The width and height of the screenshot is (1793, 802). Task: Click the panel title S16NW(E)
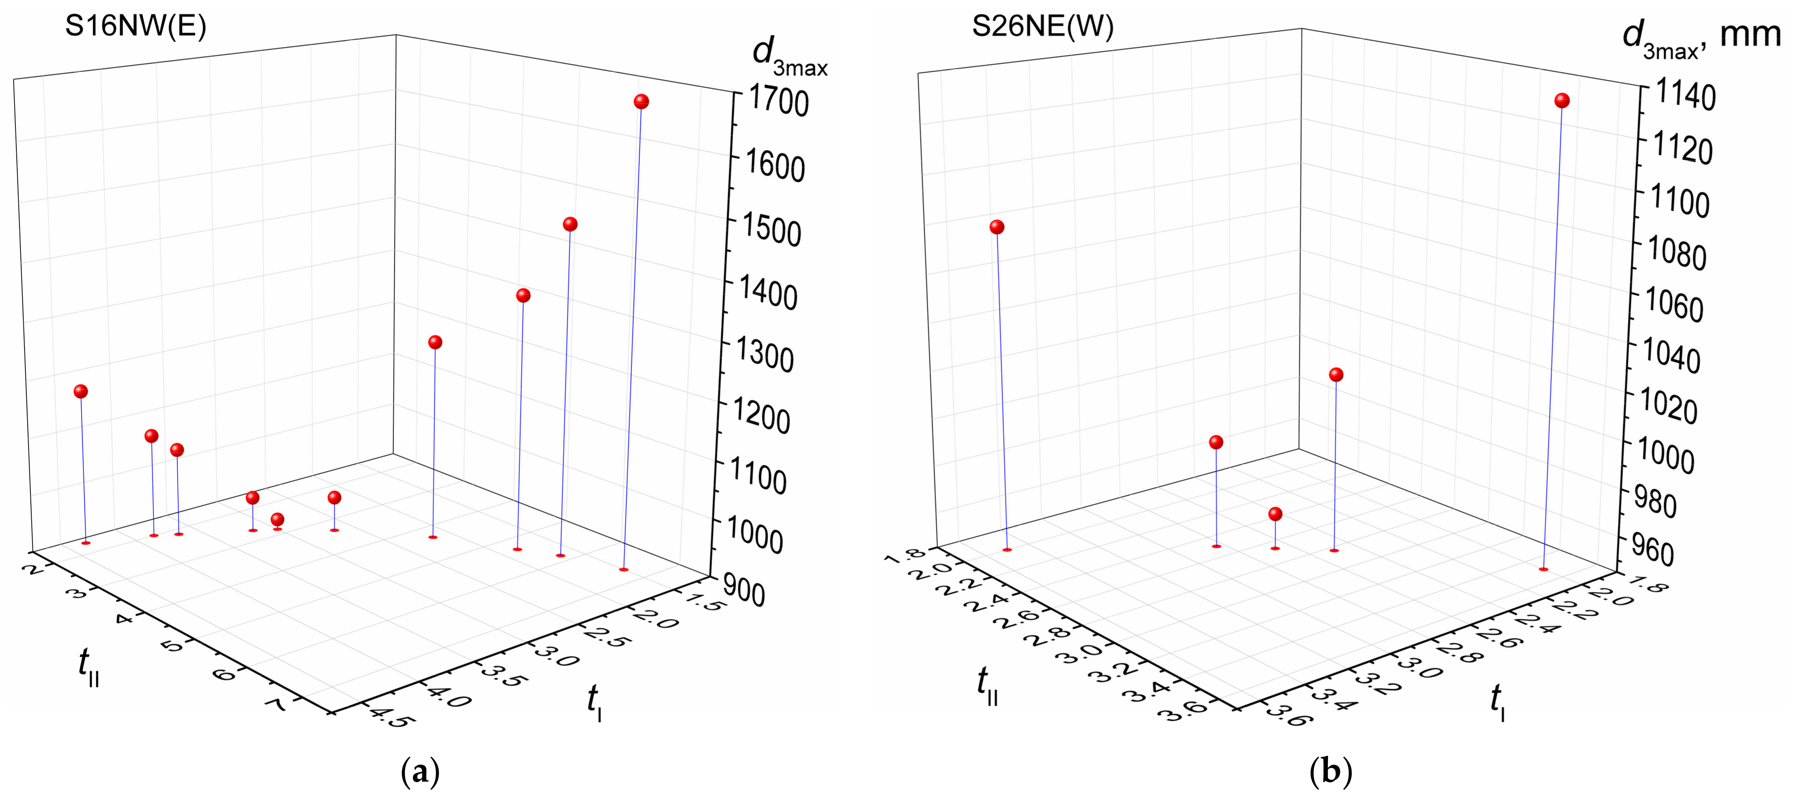136,26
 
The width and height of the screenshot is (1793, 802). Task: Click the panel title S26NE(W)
1042,26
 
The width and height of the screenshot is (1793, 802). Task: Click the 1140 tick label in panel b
1685,95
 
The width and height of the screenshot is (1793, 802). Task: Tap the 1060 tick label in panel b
1674,306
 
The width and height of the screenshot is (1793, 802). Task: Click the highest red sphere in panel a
641,102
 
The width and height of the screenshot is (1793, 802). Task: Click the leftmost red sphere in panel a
81,391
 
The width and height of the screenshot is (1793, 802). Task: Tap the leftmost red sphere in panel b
997,227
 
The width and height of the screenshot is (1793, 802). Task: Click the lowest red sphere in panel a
277,519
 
